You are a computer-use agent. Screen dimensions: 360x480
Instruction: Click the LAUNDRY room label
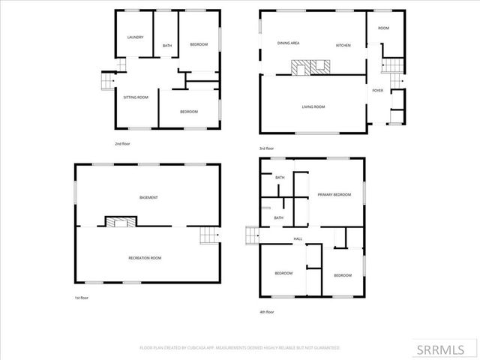click(x=135, y=37)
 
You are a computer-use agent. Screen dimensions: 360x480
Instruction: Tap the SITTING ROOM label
click(x=136, y=97)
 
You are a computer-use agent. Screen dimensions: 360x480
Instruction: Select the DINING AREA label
click(x=289, y=44)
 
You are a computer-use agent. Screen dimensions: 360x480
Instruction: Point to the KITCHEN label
click(x=343, y=45)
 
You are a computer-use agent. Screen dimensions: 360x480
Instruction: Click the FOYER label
click(x=378, y=90)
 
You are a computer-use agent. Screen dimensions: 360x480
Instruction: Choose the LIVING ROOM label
click(x=313, y=107)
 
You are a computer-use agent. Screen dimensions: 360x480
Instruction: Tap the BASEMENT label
click(x=148, y=197)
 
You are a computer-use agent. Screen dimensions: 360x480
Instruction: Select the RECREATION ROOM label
click(x=145, y=258)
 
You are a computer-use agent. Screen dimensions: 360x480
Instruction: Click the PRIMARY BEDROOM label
click(x=334, y=194)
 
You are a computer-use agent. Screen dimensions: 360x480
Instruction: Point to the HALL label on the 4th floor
click(x=298, y=238)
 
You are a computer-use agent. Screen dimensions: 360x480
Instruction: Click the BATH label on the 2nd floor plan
click(x=167, y=46)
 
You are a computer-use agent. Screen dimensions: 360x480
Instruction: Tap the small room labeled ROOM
click(x=383, y=28)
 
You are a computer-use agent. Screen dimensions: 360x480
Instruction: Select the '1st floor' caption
click(x=81, y=298)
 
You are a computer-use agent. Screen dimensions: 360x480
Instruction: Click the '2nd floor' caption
click(x=122, y=143)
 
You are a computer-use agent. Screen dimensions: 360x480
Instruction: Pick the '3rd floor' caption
click(x=267, y=148)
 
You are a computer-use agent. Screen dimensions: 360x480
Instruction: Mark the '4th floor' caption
click(x=267, y=311)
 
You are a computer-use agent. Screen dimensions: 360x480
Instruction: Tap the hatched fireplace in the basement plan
click(x=120, y=221)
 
